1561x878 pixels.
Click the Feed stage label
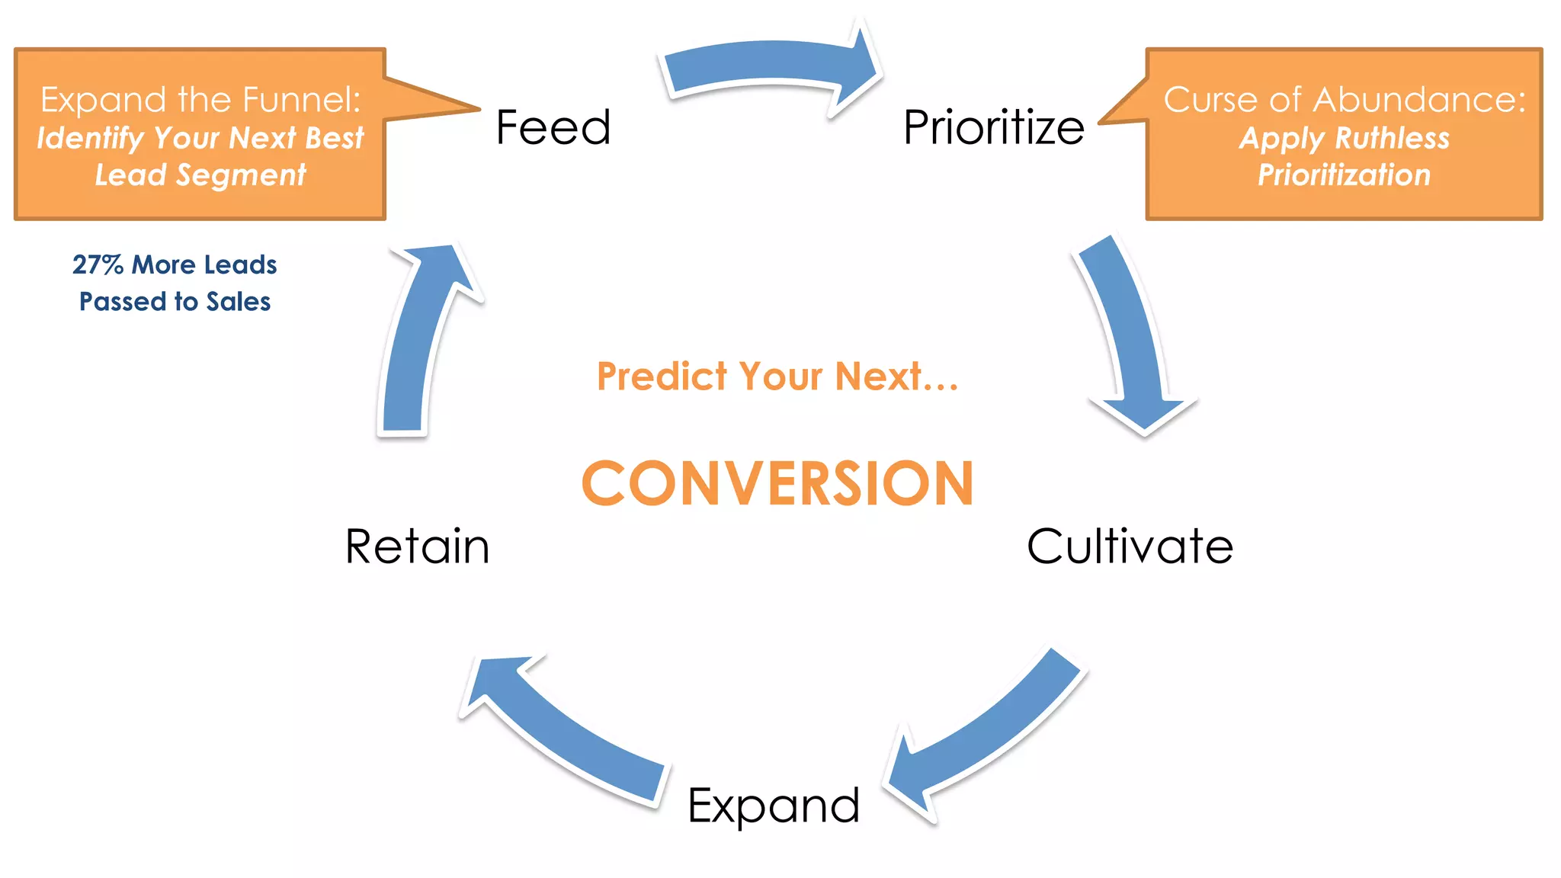click(x=553, y=127)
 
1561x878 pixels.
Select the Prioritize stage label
click(x=993, y=127)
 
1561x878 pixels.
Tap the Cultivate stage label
click(x=1130, y=546)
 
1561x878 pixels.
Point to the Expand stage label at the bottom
click(x=774, y=806)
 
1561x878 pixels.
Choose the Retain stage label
click(x=417, y=546)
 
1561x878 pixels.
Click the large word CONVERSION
click(x=777, y=483)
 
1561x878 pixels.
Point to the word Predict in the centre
click(x=662, y=377)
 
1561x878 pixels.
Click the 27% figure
click(x=98, y=264)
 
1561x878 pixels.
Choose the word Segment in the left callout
click(x=241, y=175)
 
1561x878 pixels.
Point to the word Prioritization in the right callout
click(x=1344, y=175)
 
